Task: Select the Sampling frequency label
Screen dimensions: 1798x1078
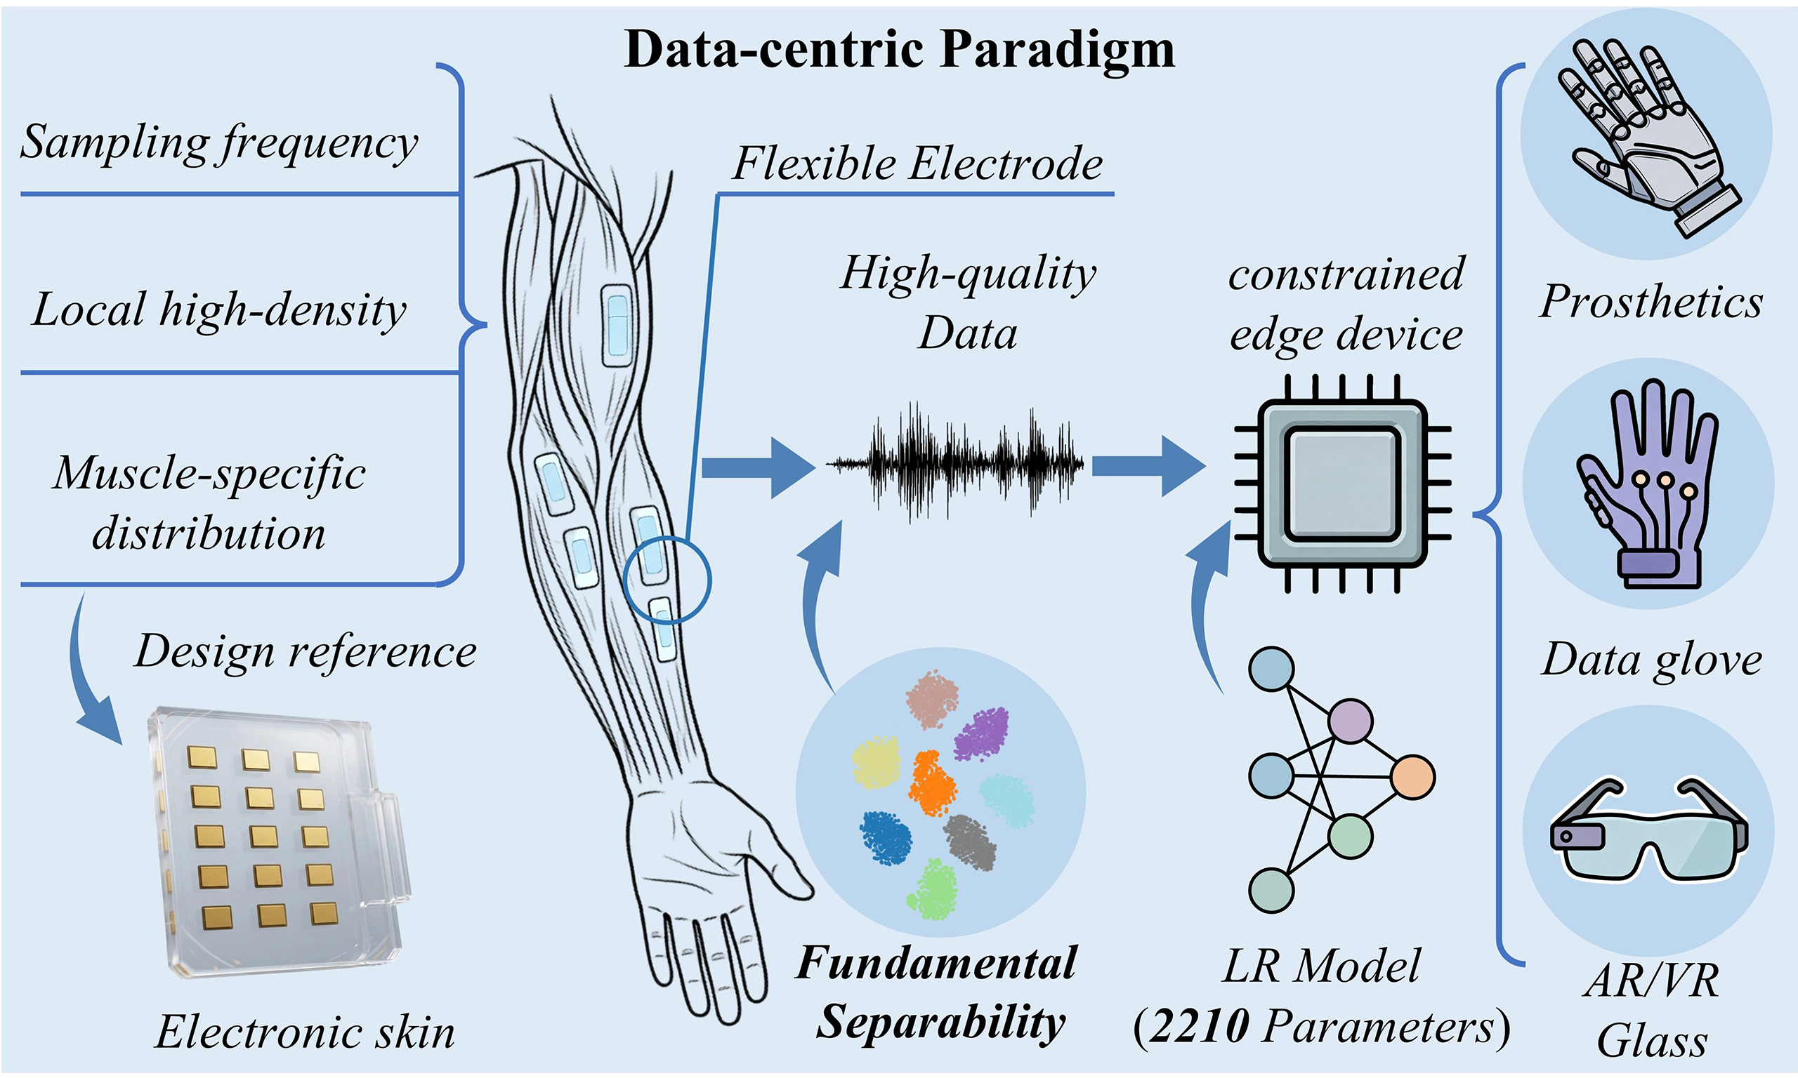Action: (x=218, y=142)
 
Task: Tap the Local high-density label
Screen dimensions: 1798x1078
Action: (x=218, y=310)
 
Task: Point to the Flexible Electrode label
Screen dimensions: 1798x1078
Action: (x=917, y=163)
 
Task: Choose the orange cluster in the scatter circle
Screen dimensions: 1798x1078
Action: (x=933, y=784)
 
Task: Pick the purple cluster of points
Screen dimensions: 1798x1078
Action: (x=982, y=733)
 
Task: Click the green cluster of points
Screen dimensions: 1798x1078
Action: (x=933, y=889)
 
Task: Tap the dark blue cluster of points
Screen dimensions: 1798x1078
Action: (x=886, y=837)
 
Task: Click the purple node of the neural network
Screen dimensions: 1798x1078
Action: (x=1351, y=721)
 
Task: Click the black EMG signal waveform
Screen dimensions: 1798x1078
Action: (x=955, y=463)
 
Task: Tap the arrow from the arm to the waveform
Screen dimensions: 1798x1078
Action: (x=758, y=468)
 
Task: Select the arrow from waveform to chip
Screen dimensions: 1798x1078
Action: (x=1149, y=466)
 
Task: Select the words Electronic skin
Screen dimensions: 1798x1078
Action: (x=306, y=1032)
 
